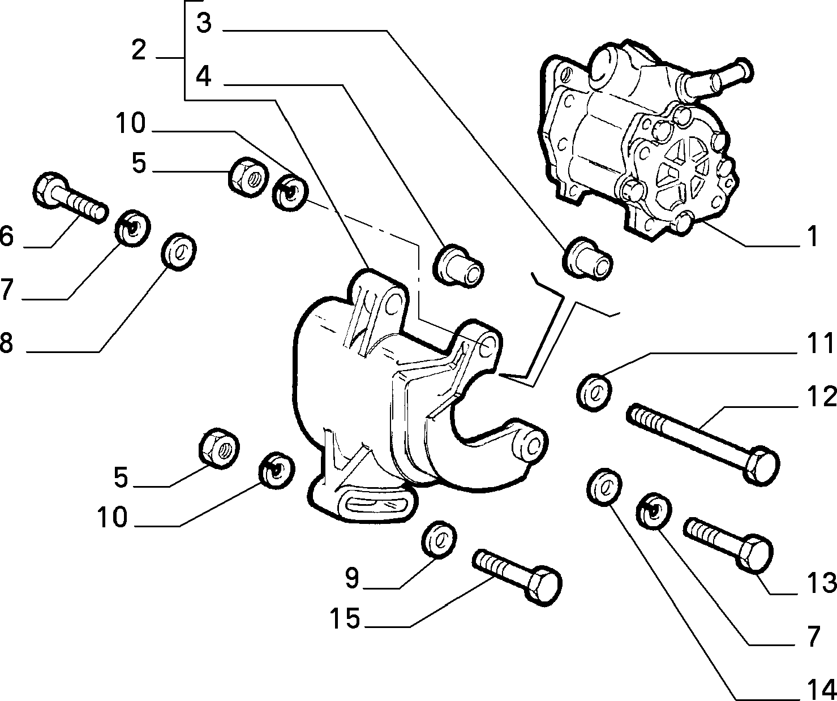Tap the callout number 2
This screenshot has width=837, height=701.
[139, 51]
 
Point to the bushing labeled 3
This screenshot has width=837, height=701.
[588, 259]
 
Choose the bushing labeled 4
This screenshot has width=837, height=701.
[460, 263]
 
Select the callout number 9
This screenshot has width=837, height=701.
[352, 578]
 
